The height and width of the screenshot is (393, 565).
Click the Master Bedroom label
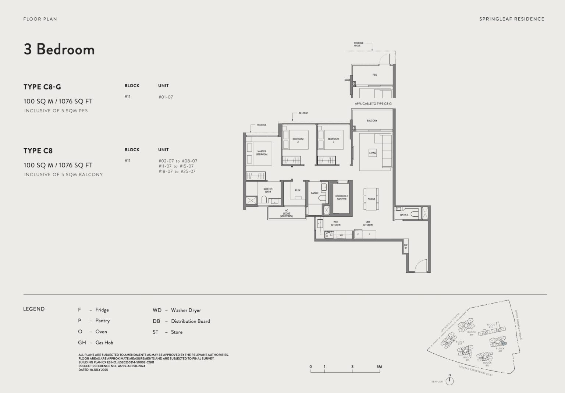262,153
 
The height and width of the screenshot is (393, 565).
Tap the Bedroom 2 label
298,140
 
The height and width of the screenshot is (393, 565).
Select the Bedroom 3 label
333,140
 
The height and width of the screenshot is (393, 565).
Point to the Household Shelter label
341,198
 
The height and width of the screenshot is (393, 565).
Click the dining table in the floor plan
371,199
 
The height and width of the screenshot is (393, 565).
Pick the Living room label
373,153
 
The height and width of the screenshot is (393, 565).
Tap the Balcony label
372,121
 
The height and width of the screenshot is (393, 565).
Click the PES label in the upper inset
374,75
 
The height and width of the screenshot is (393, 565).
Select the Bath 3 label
404,215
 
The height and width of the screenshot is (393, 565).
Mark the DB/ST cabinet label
406,247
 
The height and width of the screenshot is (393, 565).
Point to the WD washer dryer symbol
341,235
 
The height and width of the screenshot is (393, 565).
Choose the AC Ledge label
287,213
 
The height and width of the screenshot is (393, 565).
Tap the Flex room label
298,190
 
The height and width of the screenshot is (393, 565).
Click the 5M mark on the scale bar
379,367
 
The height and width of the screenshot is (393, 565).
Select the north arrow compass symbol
449,381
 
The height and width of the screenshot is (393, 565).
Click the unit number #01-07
166,97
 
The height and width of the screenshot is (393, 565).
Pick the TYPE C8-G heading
42,87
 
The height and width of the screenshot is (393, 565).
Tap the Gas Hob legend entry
96,343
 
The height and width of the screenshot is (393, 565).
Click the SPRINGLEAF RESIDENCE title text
511,19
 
